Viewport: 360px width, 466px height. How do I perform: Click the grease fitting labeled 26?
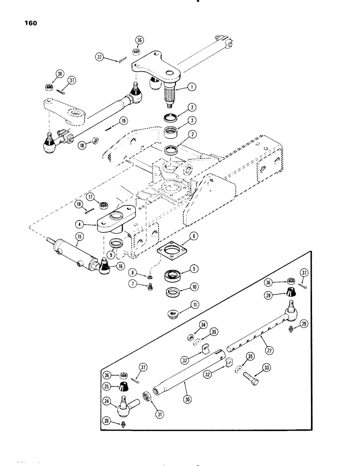[x=124, y=435]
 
